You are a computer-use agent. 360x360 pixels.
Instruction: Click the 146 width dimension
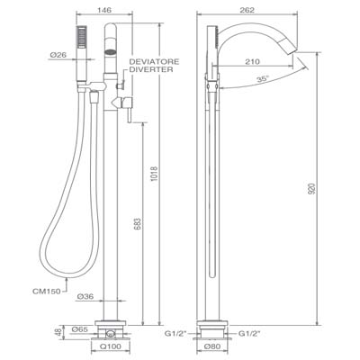[104, 10]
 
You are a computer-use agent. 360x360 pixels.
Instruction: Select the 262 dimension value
[247, 10]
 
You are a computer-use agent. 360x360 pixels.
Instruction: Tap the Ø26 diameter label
[58, 55]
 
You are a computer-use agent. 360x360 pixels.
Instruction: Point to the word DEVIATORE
[154, 62]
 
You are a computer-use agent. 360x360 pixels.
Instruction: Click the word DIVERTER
[151, 69]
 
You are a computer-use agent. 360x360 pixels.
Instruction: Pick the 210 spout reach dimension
[252, 62]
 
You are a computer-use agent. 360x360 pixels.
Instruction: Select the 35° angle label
[263, 79]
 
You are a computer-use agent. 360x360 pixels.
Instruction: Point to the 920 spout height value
[312, 189]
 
